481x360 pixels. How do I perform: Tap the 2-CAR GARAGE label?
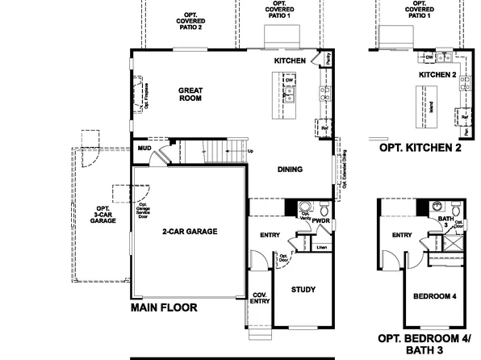[190, 231]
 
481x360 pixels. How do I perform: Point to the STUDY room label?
[303, 290]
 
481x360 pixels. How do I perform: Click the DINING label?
[290, 170]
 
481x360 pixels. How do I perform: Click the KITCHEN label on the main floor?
[290, 61]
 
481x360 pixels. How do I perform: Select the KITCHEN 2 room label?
[437, 75]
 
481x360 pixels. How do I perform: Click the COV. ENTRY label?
[260, 299]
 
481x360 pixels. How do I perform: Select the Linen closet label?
[321, 246]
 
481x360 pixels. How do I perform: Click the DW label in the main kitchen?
[288, 80]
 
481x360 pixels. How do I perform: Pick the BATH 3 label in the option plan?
[445, 223]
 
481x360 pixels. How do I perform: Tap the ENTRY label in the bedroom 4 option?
[401, 236]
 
